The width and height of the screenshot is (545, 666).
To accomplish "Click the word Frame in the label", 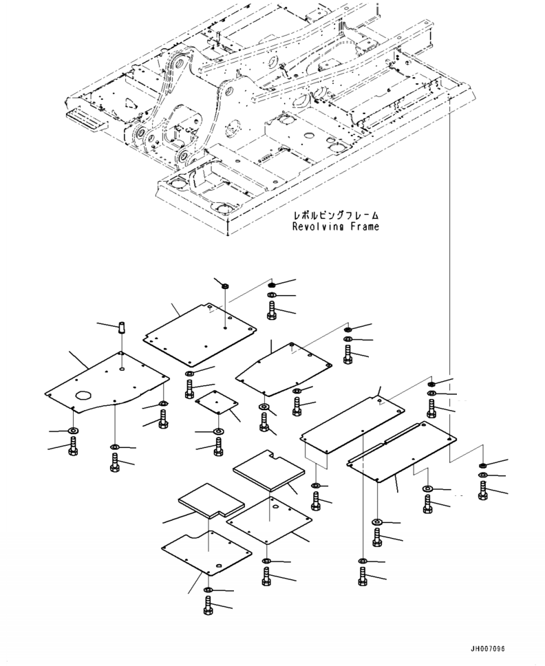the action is pyautogui.click(x=365, y=226).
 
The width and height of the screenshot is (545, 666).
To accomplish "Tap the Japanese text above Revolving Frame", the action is pyautogui.click(x=336, y=216).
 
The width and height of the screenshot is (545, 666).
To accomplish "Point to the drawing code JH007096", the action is pyautogui.click(x=487, y=649).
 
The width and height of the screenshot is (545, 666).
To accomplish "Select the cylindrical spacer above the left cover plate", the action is pyautogui.click(x=122, y=328).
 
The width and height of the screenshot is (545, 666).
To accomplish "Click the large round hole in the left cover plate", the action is pyautogui.click(x=83, y=395).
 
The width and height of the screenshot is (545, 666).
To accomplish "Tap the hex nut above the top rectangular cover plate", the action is pyautogui.click(x=226, y=285).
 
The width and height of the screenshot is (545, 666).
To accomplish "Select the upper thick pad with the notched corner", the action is pyautogui.click(x=269, y=470).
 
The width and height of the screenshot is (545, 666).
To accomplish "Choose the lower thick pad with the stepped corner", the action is pyautogui.click(x=211, y=501).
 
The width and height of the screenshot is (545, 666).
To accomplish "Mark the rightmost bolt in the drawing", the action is pyautogui.click(x=483, y=491).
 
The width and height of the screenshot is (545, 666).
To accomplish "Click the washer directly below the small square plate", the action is pyautogui.click(x=218, y=431).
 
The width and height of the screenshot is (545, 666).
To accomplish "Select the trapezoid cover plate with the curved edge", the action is pyautogui.click(x=284, y=369).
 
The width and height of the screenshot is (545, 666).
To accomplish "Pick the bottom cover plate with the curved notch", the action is pyautogui.click(x=206, y=552).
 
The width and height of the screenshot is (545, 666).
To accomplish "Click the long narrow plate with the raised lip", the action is pyautogui.click(x=401, y=451).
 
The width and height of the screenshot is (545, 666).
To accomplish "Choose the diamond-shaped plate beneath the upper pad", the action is pyautogui.click(x=269, y=520).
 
